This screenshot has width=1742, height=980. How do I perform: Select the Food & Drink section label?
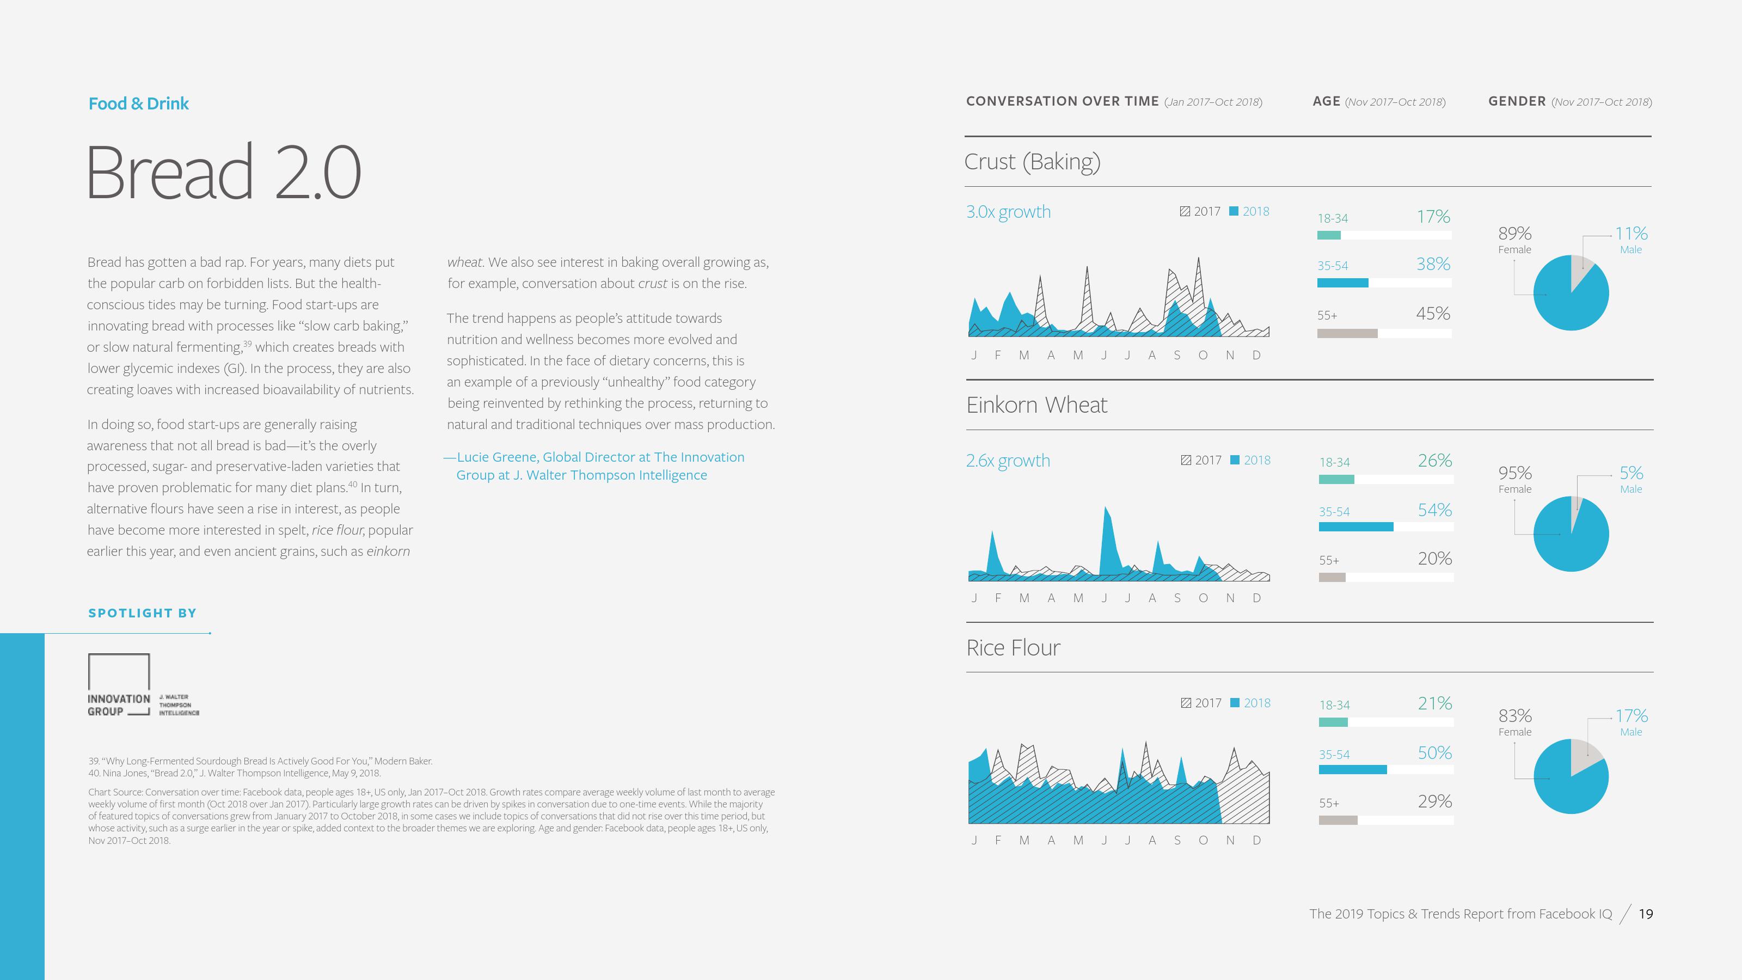(139, 103)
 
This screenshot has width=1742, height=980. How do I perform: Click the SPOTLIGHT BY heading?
(142, 612)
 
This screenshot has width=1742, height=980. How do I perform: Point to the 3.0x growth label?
(1008, 212)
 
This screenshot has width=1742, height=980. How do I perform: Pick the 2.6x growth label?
(1008, 461)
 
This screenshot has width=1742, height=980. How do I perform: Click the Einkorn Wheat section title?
(1036, 405)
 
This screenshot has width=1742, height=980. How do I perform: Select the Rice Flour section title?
(1013, 648)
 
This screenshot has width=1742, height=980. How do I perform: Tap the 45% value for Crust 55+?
(1432, 314)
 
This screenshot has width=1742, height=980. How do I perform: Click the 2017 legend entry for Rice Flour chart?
(1201, 703)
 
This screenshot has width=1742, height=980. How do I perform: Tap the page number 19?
(1645, 914)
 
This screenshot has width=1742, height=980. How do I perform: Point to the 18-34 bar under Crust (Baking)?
(1328, 235)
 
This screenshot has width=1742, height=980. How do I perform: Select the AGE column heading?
(1326, 101)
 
